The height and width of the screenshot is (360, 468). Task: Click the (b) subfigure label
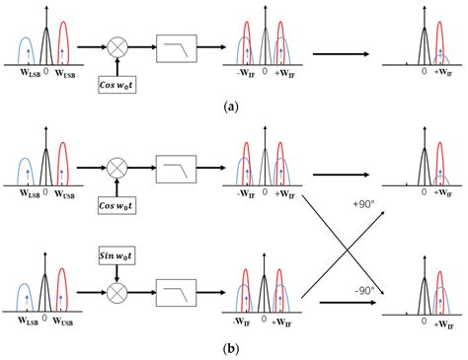tap(234, 346)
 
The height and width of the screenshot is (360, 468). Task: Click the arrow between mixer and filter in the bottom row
tap(146, 292)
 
